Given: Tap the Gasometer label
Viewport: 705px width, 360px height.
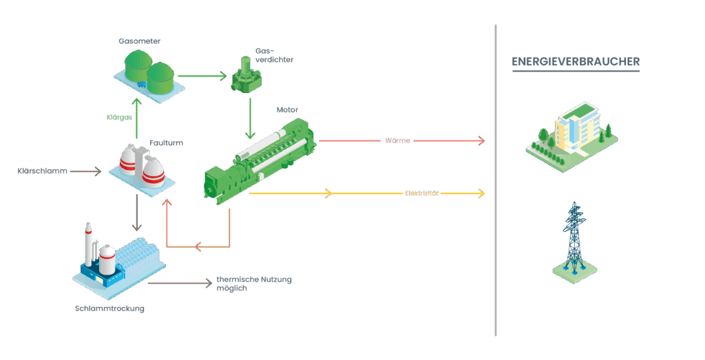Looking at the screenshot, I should tap(135, 41).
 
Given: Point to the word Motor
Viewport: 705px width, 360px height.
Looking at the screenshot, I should tap(287, 109).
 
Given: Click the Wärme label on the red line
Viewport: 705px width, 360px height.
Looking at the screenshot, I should tap(397, 141).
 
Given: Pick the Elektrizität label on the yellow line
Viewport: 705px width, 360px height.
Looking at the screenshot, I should tap(420, 194).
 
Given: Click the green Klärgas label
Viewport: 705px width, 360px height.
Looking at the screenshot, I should tap(119, 116).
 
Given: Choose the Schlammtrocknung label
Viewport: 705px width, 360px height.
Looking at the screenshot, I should tap(110, 308).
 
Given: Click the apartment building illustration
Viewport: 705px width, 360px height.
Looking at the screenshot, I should tap(569, 134).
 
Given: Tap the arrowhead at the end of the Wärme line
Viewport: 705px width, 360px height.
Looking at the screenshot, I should tap(482, 141).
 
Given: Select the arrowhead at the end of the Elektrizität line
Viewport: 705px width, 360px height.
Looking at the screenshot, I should tap(482, 194).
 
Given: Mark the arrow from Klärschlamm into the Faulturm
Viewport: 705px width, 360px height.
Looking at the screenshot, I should tap(86, 170).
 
